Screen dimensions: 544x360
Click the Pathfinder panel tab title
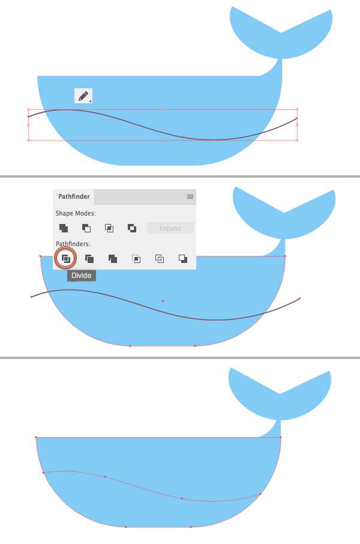click(x=74, y=197)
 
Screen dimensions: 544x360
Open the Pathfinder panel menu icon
click(x=190, y=197)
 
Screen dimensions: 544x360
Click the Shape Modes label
click(x=76, y=213)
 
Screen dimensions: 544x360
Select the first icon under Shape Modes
click(x=64, y=228)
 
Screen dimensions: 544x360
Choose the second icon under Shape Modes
click(x=86, y=228)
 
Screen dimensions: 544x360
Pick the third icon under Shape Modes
click(x=109, y=228)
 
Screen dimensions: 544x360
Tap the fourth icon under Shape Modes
click(x=132, y=228)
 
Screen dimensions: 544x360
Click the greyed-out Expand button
click(x=170, y=228)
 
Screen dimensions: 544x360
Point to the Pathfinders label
click(x=73, y=244)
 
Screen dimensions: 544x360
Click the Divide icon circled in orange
click(x=65, y=259)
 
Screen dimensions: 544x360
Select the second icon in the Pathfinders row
click(x=89, y=259)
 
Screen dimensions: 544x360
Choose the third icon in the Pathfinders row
click(x=113, y=259)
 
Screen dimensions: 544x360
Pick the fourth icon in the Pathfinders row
click(x=136, y=259)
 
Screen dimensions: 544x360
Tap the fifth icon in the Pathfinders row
click(x=160, y=259)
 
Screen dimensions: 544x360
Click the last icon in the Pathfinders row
click(x=183, y=259)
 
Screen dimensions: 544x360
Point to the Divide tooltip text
click(x=81, y=276)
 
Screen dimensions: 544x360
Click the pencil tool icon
click(x=83, y=95)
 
